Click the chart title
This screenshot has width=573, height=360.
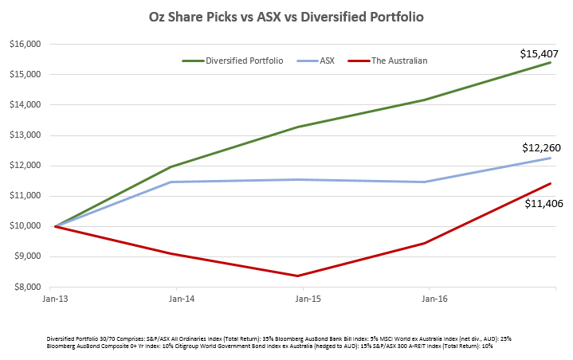(285, 17)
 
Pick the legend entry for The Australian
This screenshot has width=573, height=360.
(398, 61)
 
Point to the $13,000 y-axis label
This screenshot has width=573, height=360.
(28, 135)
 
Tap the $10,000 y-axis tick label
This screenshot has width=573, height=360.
(28, 226)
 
